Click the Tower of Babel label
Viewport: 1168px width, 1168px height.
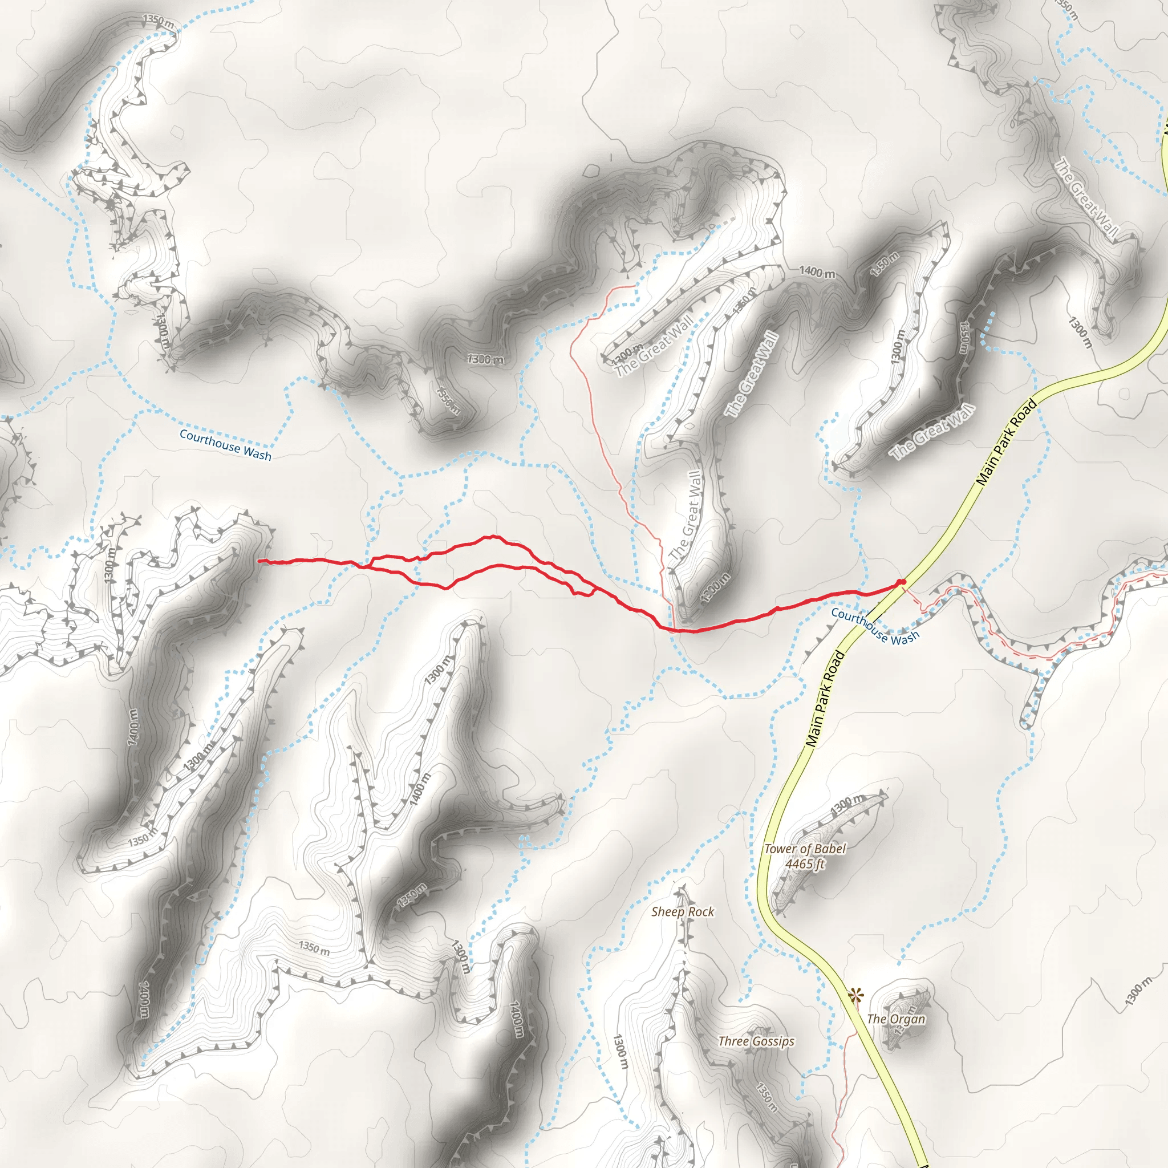(805, 849)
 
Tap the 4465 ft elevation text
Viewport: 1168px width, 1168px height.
(805, 864)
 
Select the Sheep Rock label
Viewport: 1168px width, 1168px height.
(683, 912)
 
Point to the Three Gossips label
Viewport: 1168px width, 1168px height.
(756, 1041)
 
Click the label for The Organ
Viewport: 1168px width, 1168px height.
(896, 1019)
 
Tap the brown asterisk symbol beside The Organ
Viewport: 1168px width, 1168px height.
(855, 995)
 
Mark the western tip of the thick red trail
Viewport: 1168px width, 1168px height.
(260, 561)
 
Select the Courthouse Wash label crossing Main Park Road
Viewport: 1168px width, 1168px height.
(875, 626)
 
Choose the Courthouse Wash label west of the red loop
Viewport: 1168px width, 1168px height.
(225, 445)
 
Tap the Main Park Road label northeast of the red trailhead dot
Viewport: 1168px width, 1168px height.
(1007, 443)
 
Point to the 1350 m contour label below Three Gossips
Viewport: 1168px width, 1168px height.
(766, 1097)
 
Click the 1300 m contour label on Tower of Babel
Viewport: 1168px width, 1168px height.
(848, 805)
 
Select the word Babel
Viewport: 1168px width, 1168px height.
(829, 849)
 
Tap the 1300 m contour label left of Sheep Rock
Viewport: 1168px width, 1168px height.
(620, 1051)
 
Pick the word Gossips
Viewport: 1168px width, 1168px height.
(773, 1041)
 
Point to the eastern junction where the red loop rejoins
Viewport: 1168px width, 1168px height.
(598, 589)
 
